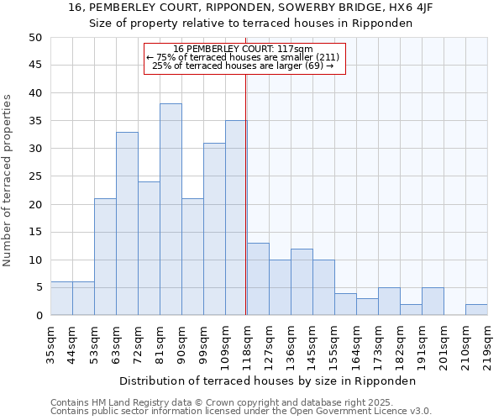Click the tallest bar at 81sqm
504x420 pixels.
(171, 209)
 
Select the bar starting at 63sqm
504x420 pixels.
(127, 223)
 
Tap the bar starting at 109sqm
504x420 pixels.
(236, 218)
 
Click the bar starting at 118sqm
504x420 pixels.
(258, 279)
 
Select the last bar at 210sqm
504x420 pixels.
(476, 309)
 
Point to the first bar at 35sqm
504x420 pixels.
(61, 298)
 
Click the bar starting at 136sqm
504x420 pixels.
(302, 281)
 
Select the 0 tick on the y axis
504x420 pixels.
(39, 316)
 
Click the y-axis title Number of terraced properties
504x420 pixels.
(8, 181)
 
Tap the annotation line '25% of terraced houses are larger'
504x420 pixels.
(244, 66)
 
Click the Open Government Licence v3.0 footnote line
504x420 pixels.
(241, 412)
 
